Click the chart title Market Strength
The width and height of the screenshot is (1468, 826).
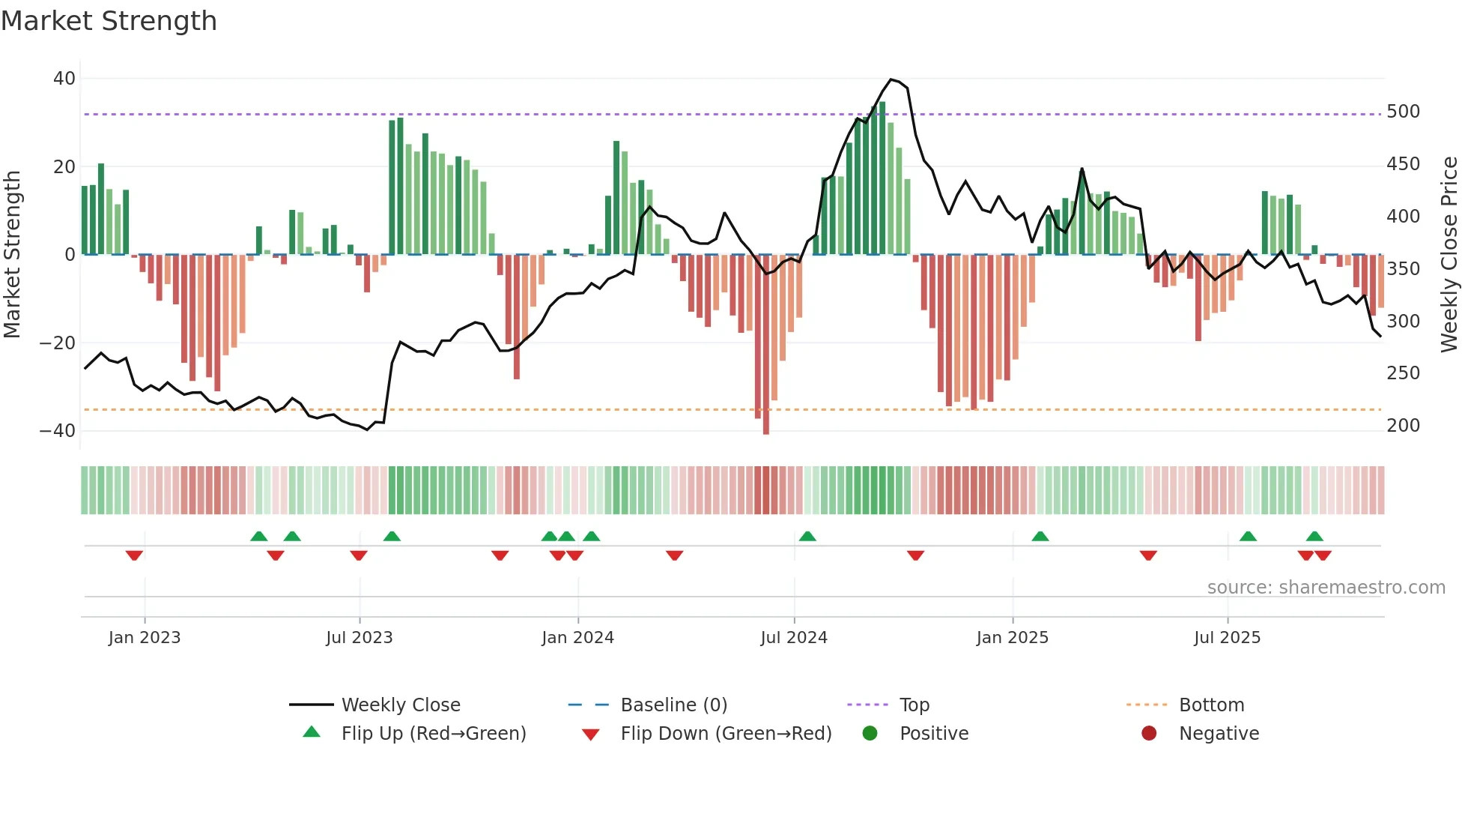pos(109,21)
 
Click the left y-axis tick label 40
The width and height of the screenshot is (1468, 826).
pos(64,79)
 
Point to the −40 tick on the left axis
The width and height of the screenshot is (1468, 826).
pos(58,431)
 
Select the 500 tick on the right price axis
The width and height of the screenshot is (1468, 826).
pos(1403,112)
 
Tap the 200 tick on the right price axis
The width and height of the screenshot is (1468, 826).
pos(1403,426)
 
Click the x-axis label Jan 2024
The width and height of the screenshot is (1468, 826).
pos(577,638)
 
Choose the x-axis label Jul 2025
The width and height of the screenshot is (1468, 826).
pos(1227,638)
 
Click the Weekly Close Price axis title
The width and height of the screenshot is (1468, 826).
pos(1449,255)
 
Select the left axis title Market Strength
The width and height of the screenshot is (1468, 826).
pos(12,255)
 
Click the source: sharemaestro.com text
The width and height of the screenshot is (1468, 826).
pos(1326,588)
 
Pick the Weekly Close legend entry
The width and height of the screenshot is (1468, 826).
pos(401,705)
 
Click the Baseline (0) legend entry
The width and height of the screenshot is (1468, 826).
pos(673,705)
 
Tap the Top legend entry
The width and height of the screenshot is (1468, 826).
pos(914,705)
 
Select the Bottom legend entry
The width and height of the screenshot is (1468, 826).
pos(1211,705)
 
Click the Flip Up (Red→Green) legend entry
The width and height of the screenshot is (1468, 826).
pos(433,734)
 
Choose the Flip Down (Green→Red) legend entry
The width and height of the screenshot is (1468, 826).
pos(726,734)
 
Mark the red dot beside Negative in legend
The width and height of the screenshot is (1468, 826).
pos(1149,733)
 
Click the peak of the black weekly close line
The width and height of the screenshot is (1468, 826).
pos(891,79)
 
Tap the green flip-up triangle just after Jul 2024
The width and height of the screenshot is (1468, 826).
pos(807,536)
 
